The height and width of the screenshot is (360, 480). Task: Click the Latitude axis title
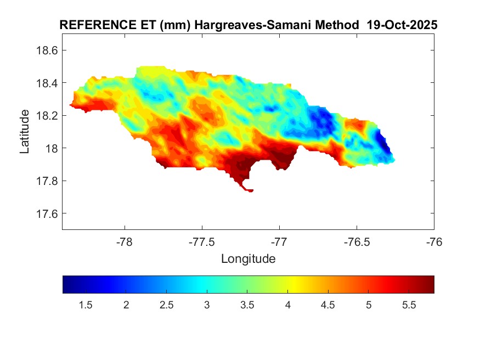pyautogui.click(x=25, y=131)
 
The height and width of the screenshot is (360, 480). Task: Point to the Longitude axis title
pyautogui.click(x=248, y=258)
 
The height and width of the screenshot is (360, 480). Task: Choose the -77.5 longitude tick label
pyautogui.click(x=202, y=241)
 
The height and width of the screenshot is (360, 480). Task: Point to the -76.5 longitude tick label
pyautogui.click(x=357, y=241)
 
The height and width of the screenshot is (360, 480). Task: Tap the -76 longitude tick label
pyautogui.click(x=434, y=241)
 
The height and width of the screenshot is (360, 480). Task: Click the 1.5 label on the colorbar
pyautogui.click(x=86, y=305)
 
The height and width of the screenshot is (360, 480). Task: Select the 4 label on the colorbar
pyautogui.click(x=287, y=305)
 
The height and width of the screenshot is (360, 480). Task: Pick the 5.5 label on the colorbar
pyautogui.click(x=409, y=305)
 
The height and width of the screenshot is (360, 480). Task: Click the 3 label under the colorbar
pyautogui.click(x=207, y=305)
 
